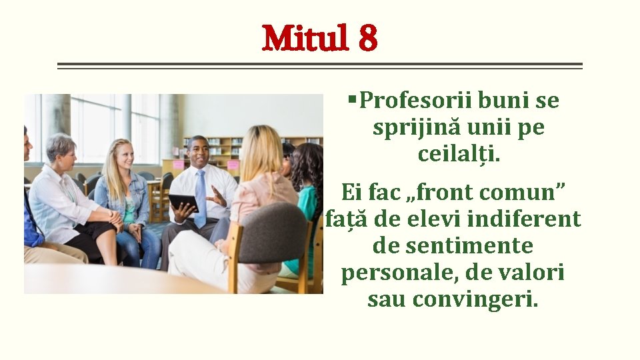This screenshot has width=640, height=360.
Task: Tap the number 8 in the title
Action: (367, 39)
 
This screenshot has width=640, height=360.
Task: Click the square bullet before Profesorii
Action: (352, 100)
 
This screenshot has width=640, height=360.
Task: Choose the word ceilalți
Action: (459, 155)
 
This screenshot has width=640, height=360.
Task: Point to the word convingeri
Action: (475, 299)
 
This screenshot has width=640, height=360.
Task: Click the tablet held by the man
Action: (183, 202)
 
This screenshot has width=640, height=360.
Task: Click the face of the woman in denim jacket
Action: (123, 155)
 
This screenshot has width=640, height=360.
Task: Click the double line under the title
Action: (320, 66)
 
